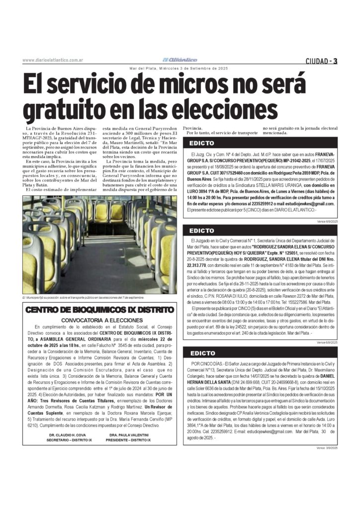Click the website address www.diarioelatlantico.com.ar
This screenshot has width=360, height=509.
tap(52, 61)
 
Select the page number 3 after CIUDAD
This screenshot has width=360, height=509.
tap(336, 61)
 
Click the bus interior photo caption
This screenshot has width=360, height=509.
tap(83, 297)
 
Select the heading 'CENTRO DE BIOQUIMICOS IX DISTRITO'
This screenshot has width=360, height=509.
tap(99, 310)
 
